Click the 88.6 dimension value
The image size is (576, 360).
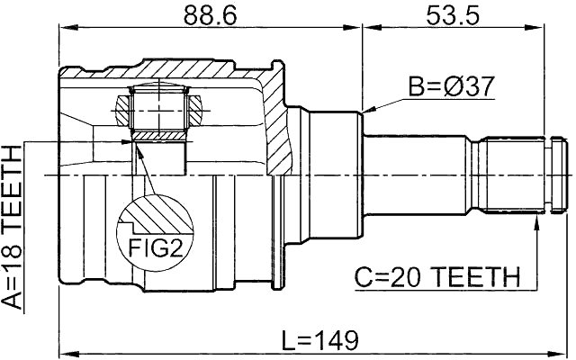pos(209,15)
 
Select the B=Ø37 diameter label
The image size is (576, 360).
pos(452,86)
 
